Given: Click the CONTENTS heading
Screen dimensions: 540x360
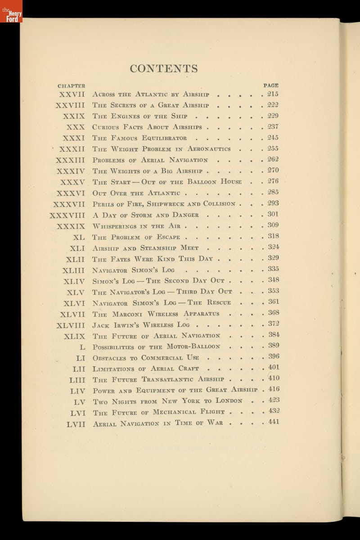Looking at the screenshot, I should (x=164, y=69).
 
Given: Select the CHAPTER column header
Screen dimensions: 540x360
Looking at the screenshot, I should (x=72, y=85).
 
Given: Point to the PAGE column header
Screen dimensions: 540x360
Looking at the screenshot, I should (x=271, y=85).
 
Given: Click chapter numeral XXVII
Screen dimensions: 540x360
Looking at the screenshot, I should (x=72, y=94).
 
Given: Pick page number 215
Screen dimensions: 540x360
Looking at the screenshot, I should (x=273, y=94).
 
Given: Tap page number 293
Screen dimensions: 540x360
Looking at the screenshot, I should (x=273, y=203).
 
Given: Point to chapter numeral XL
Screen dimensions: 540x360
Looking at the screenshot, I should (x=78, y=237).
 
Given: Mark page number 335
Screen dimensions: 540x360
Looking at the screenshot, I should (x=273, y=269).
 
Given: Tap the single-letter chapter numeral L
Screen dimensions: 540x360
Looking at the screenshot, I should (x=82, y=347).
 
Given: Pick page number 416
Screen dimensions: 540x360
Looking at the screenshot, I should (x=274, y=389).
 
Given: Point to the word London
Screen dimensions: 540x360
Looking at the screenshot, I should (x=229, y=400).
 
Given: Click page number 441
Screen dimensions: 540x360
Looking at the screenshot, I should (x=274, y=422).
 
